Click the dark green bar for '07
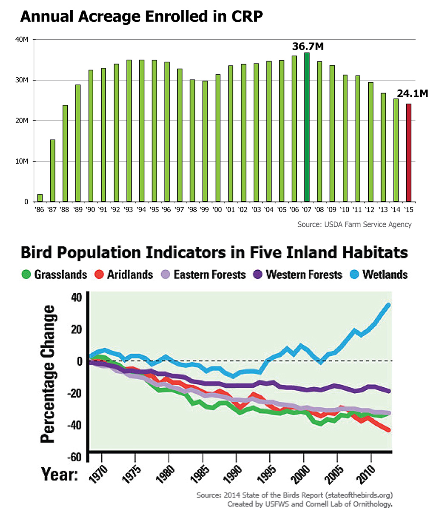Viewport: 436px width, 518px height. coord(307,127)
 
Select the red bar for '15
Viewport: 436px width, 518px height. coord(409,153)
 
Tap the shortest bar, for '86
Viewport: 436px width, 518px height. coord(40,198)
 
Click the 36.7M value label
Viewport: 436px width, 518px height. coord(308,46)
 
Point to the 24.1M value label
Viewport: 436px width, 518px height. coord(412,93)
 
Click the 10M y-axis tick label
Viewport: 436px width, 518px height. coord(22,162)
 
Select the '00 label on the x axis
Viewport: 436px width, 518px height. coord(218,209)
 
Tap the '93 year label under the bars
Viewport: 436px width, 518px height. coord(129,209)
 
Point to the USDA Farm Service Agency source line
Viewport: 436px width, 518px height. coord(354,224)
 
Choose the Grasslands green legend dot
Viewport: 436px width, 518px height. coord(26,275)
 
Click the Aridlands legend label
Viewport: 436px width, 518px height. coord(130,275)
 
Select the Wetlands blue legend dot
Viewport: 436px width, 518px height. coord(355,275)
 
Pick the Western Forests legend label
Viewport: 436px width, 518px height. coord(304,275)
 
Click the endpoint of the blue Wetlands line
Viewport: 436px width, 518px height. coord(388,305)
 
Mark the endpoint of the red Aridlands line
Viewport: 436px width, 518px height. coord(388,430)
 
